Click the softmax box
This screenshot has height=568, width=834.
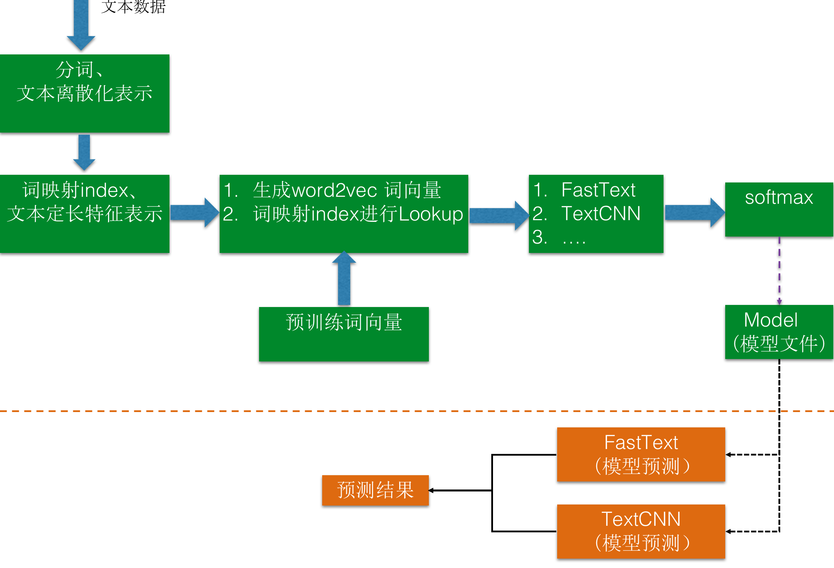pyautogui.click(x=779, y=209)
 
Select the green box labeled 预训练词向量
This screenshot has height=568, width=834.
pyautogui.click(x=343, y=334)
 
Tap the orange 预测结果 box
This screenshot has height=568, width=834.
pyautogui.click(x=376, y=490)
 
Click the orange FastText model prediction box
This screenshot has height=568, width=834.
pyautogui.click(x=641, y=454)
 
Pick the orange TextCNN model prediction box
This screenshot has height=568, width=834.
pyautogui.click(x=641, y=531)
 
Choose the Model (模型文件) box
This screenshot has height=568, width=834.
pyautogui.click(x=779, y=332)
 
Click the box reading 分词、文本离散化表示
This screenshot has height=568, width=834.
pyautogui.click(x=84, y=94)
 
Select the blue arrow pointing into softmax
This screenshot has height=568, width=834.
pyautogui.click(x=695, y=212)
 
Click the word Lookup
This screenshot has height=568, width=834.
pyautogui.click(x=431, y=214)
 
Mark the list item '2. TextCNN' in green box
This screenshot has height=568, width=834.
pyautogui.click(x=587, y=214)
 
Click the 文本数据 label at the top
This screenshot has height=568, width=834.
pyautogui.click(x=133, y=7)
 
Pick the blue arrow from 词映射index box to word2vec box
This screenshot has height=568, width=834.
pyautogui.click(x=194, y=212)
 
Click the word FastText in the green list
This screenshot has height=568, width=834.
pyautogui.click(x=598, y=190)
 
